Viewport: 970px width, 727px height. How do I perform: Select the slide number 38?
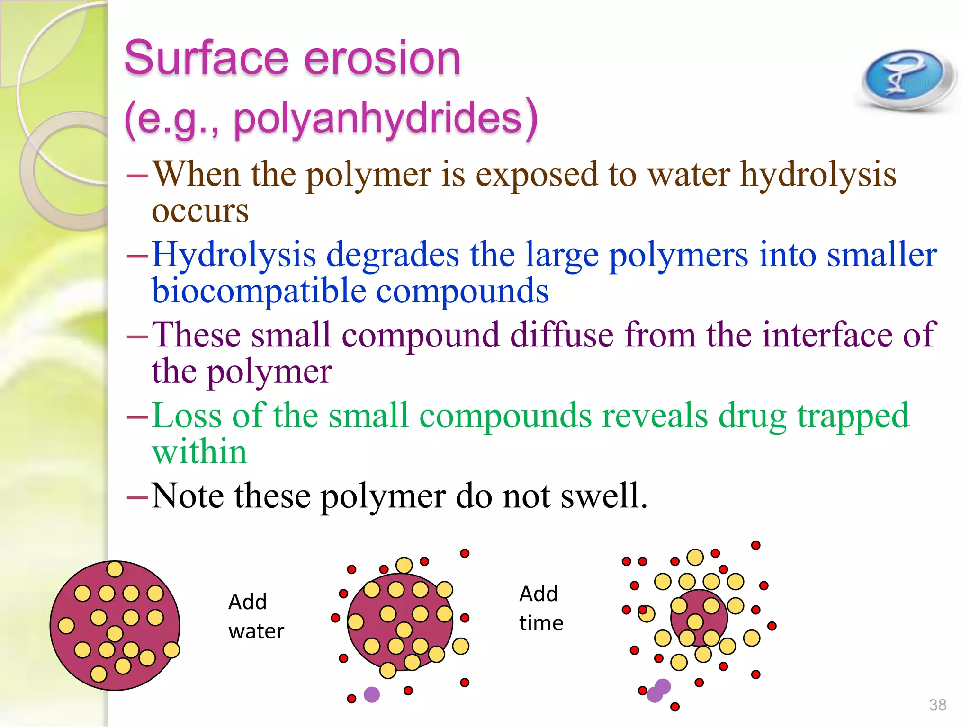pyautogui.click(x=937, y=705)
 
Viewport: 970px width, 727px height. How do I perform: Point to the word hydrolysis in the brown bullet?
pyautogui.click(x=818, y=174)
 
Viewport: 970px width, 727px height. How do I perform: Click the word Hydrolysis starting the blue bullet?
pyautogui.click(x=234, y=255)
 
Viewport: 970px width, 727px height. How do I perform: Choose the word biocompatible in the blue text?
pyautogui.click(x=259, y=291)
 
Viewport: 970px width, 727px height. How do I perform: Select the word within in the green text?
pyautogui.click(x=199, y=452)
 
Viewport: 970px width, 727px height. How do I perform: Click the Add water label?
pyautogui.click(x=256, y=616)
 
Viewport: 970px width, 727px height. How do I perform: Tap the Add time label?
pyautogui.click(x=541, y=608)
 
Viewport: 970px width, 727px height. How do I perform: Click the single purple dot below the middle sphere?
pyautogui.click(x=372, y=694)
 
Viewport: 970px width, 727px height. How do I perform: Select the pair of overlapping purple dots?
pyautogui.click(x=658, y=691)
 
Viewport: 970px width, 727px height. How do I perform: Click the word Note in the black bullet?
pyautogui.click(x=188, y=496)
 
